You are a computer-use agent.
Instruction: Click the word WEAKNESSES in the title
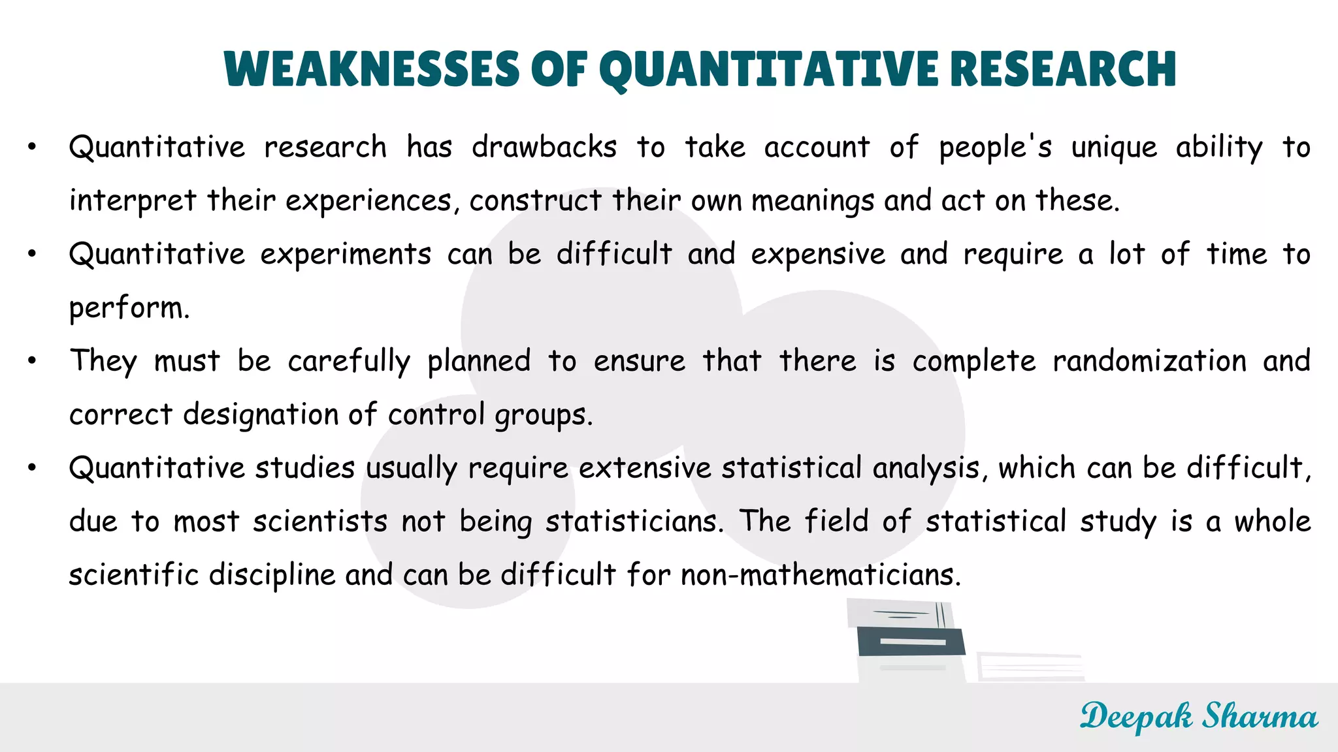[x=371, y=69]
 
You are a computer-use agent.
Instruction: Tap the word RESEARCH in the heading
[x=1063, y=69]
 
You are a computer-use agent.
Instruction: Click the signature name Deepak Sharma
[x=1198, y=716]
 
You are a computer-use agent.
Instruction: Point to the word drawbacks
[x=544, y=147]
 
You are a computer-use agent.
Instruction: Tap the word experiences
[x=368, y=201]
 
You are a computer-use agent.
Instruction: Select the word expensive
[x=818, y=255]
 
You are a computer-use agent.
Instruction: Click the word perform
[x=129, y=308]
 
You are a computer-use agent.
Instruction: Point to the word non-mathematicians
[x=821, y=575]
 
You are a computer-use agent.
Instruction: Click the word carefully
[x=349, y=362]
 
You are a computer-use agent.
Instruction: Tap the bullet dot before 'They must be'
[x=32, y=361]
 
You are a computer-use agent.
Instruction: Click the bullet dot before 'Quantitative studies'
[x=32, y=467]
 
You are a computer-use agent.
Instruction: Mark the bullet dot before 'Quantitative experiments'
[x=32, y=254]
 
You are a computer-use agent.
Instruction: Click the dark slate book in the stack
[x=911, y=642]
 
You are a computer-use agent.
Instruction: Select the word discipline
[x=272, y=575]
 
